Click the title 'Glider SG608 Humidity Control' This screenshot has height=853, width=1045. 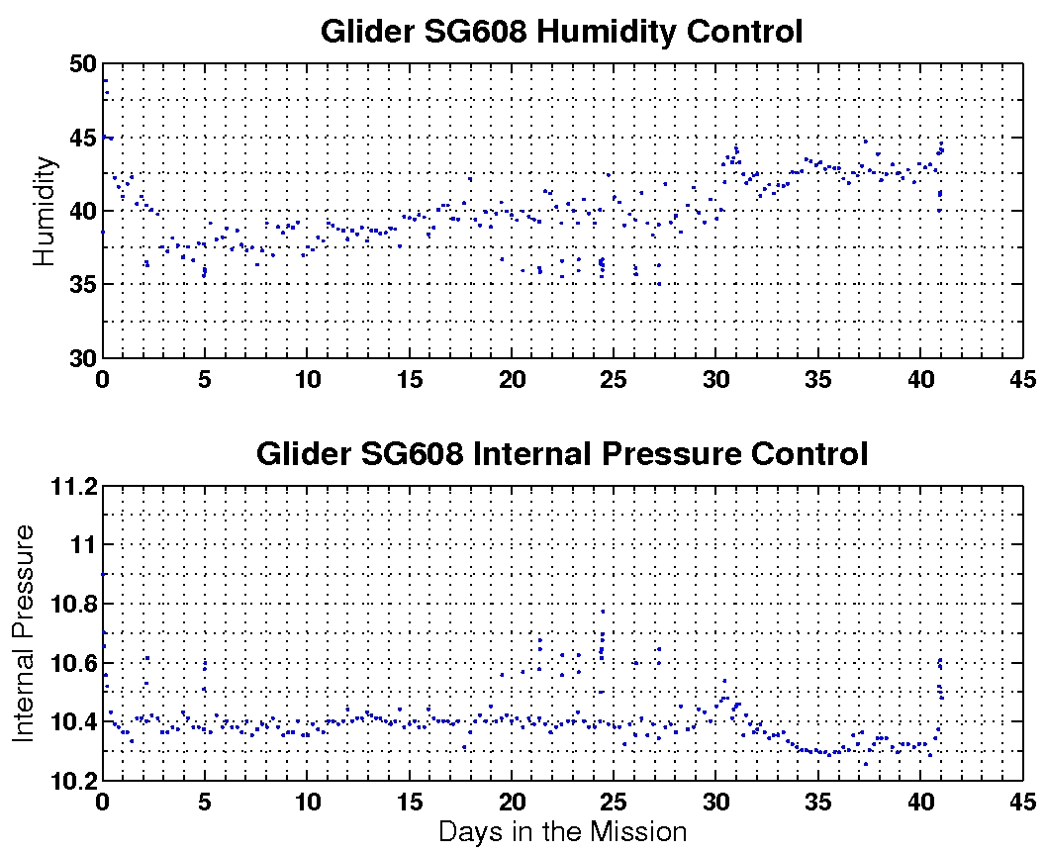point(561,32)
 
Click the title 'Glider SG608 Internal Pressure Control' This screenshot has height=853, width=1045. point(561,454)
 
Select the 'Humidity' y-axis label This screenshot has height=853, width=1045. point(44,212)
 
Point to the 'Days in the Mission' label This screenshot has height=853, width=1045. point(561,831)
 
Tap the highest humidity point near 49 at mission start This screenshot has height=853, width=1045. point(105,81)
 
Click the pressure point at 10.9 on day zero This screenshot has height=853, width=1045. point(103,574)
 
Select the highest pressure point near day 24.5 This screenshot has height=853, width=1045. point(602,612)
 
